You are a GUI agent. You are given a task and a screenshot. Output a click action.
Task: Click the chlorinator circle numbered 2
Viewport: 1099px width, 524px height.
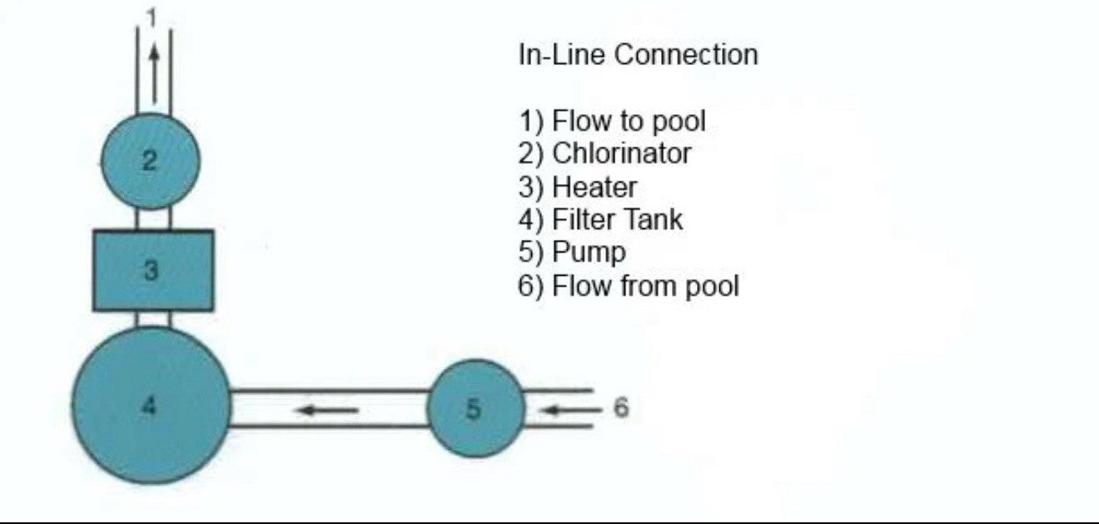pos(151,161)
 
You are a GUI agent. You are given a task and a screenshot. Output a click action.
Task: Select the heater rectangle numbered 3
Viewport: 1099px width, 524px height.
pos(153,271)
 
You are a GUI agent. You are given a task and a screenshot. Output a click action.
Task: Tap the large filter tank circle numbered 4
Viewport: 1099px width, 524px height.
pos(151,406)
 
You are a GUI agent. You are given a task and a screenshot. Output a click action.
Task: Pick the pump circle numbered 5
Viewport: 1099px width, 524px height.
pos(475,408)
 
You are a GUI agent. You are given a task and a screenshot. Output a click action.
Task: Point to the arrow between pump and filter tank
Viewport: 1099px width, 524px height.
pos(329,409)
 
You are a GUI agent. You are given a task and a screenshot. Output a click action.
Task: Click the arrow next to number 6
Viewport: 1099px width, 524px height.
pos(569,409)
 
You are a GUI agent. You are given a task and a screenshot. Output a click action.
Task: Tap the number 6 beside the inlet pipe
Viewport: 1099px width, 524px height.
pos(621,407)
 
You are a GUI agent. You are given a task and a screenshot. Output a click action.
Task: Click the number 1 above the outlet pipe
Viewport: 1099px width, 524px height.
pos(152,15)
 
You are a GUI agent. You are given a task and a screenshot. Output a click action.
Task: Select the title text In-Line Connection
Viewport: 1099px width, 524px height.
pos(638,55)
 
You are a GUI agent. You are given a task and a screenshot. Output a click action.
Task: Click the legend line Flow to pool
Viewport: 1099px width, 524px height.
pos(612,121)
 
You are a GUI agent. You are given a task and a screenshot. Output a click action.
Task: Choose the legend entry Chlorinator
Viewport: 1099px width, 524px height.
pos(604,153)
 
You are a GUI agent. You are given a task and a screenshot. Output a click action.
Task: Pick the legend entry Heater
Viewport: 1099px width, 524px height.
pos(577,187)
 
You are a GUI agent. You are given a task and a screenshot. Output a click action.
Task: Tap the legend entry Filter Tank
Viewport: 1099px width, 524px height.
pos(599,220)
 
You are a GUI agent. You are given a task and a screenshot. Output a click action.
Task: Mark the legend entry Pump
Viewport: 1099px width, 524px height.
pos(572,252)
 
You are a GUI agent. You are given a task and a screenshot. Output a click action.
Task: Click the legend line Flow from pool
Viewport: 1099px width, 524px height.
pos(628,286)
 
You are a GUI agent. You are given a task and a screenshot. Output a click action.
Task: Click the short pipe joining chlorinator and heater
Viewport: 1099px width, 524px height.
pos(153,219)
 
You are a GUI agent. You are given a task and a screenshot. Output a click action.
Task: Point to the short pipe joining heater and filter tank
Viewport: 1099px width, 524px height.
pos(153,319)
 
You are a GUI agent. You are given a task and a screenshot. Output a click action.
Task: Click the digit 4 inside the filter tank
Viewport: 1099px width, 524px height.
pos(149,406)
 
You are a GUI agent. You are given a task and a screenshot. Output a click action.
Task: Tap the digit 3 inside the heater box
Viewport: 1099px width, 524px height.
pos(151,271)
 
